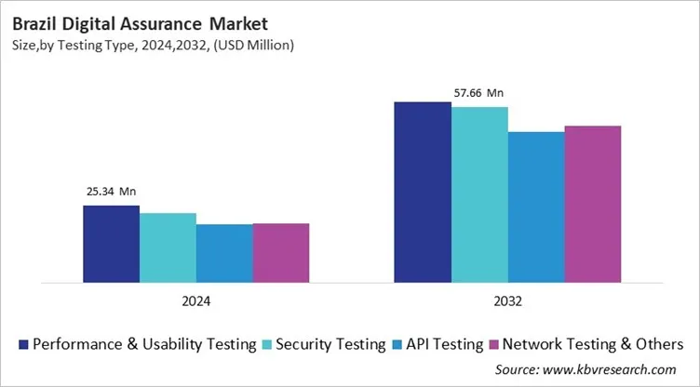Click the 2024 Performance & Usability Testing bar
click(111, 243)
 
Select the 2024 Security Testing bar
click(168, 247)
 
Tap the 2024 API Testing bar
click(223, 252)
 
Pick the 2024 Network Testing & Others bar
click(280, 252)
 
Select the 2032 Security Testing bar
click(479, 193)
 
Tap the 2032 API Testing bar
click(536, 206)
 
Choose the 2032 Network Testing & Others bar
click(593, 203)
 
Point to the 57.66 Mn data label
click(478, 93)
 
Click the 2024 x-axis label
click(195, 301)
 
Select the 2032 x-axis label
click(507, 301)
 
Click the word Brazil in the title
click(36, 20)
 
